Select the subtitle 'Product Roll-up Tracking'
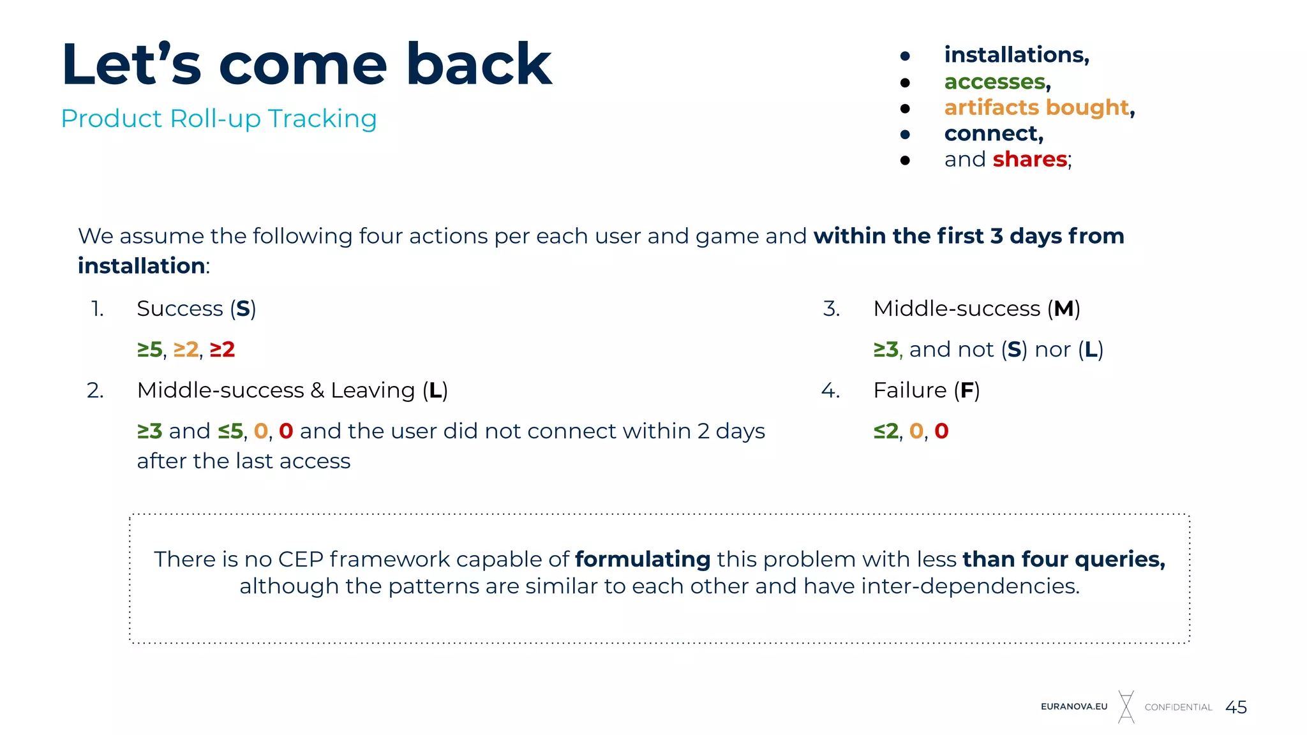pos(218,119)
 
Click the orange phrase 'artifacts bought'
pos(1036,107)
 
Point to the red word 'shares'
pos(1029,159)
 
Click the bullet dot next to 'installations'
pos(904,56)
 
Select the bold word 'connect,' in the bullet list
pos(993,133)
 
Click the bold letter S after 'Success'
pos(243,309)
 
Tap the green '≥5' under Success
pos(150,350)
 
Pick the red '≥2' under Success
pos(222,350)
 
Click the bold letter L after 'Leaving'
pos(435,390)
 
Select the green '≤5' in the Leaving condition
pos(230,431)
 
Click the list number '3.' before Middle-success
pos(831,309)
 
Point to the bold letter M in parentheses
pos(1063,309)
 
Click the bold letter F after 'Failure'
pos(966,390)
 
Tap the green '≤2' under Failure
pos(886,431)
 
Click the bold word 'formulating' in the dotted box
pos(642,560)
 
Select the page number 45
pos(1236,707)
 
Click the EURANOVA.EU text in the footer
pos(1074,707)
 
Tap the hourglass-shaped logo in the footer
pos(1126,707)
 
